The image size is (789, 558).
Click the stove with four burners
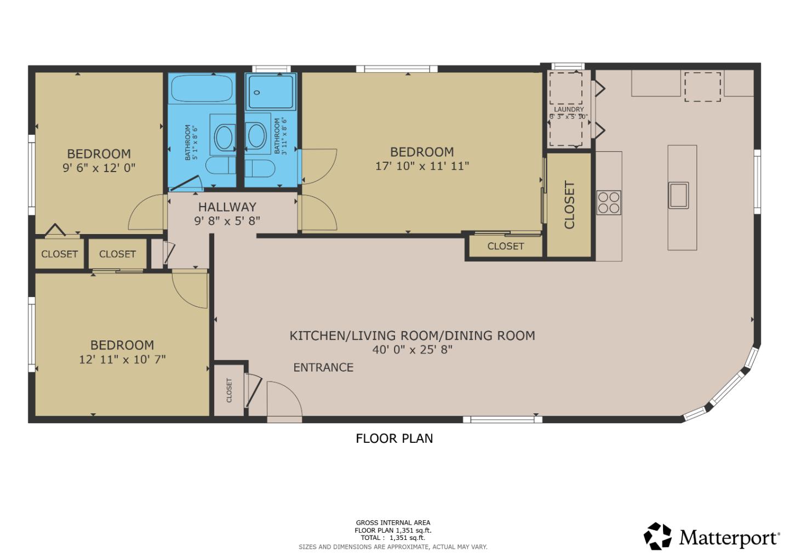click(x=609, y=202)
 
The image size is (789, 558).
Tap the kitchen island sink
click(x=678, y=195)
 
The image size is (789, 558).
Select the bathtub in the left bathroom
click(x=202, y=89)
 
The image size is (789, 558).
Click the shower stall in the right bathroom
click(x=271, y=92)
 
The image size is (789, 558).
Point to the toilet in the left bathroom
click(x=218, y=165)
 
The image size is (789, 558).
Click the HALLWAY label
click(x=227, y=207)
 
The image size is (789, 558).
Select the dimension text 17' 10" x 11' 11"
click(x=422, y=166)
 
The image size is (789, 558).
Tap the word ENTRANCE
click(x=323, y=367)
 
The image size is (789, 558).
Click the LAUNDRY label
click(x=569, y=110)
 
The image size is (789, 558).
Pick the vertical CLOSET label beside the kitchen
click(x=569, y=204)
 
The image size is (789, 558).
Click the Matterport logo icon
click(x=658, y=536)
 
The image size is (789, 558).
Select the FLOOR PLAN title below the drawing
click(x=394, y=439)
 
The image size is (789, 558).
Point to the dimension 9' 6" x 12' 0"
click(x=99, y=168)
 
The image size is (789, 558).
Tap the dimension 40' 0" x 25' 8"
click(x=412, y=350)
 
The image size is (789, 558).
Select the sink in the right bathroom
click(x=255, y=136)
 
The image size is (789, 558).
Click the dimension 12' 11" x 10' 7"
click(x=122, y=360)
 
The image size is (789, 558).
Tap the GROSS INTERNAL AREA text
click(x=393, y=523)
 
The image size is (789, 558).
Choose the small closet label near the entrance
click(x=229, y=390)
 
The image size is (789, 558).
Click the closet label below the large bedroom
click(x=505, y=246)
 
